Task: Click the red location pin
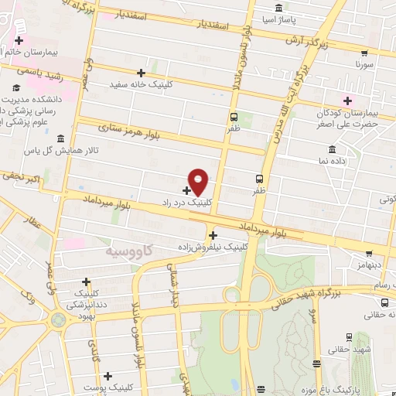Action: click(x=199, y=182)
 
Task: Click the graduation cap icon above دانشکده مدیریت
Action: click(x=15, y=87)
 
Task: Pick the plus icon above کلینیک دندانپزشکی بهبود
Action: click(x=86, y=282)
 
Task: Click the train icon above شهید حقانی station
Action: click(x=347, y=336)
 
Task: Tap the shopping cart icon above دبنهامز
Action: click(x=369, y=252)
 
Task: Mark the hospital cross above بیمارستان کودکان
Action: click(x=347, y=100)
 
